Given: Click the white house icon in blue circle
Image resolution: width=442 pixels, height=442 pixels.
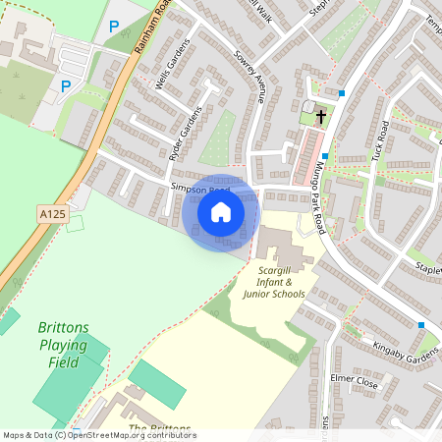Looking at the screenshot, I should tap(221, 212).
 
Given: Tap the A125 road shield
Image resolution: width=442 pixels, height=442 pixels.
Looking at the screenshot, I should tap(53, 212).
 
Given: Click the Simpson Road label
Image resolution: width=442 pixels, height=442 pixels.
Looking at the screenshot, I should tap(199, 186).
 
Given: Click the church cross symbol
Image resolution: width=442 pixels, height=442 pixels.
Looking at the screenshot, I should tap(321, 115).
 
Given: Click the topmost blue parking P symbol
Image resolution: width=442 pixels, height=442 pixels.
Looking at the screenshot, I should tap(114, 27).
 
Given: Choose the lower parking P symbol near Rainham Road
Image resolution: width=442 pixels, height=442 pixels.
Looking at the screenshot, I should tap(66, 86).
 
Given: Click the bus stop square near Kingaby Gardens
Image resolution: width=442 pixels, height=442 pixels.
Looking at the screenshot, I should tap(421, 325).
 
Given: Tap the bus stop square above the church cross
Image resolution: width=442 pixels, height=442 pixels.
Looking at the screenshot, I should tap(342, 93).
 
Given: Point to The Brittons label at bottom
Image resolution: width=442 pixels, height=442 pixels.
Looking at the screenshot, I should tap(160, 430).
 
